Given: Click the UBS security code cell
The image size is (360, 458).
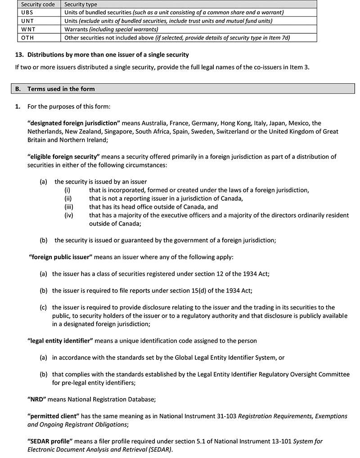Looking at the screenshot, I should (x=27, y=13).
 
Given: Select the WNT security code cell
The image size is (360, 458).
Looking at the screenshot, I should (x=27, y=29).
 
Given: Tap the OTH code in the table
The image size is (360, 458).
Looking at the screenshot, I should (x=27, y=38).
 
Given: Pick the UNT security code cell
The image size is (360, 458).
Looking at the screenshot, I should (x=27, y=21).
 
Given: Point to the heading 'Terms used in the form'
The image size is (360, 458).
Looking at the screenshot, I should (x=61, y=89).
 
